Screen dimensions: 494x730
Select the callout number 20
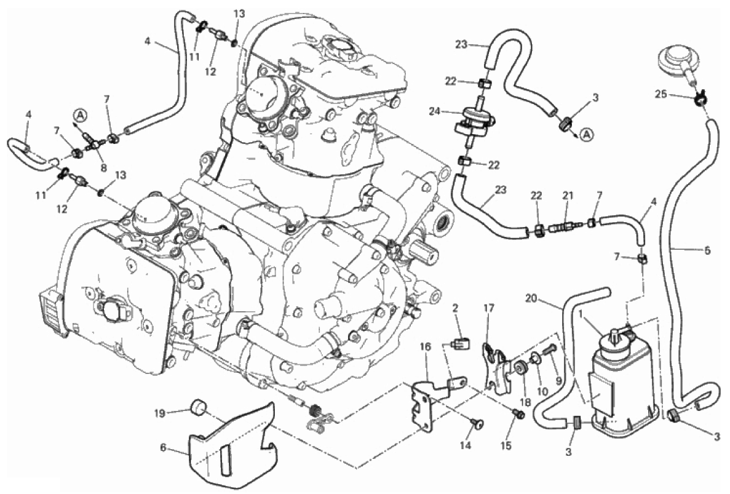pos(533,299)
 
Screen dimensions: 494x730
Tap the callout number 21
pos(567,196)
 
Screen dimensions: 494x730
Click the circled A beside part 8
pos(80,114)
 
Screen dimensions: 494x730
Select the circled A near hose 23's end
pos(586,134)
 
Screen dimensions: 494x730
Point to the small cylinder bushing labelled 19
pos(199,408)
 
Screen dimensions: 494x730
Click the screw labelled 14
pos(477,423)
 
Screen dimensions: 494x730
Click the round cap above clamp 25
pos(673,60)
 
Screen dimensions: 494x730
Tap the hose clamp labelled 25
pos(699,98)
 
